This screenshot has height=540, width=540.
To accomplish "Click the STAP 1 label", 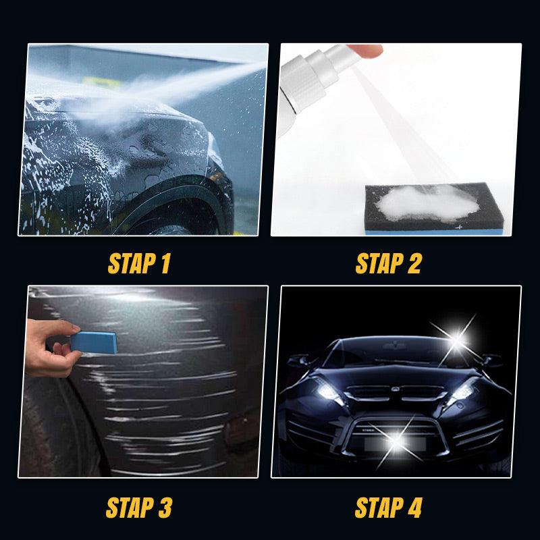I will pyautogui.click(x=139, y=263).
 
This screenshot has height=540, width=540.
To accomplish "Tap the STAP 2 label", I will pyautogui.click(x=388, y=263).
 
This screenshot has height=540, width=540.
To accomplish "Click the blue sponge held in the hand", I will pyautogui.click(x=94, y=342).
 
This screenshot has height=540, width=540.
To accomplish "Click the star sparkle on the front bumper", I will pyautogui.click(x=393, y=441).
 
